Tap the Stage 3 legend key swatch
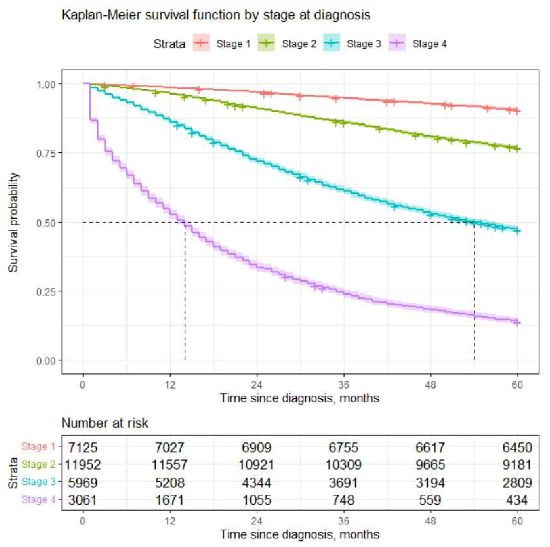point(332,43)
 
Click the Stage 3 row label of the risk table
point(38,482)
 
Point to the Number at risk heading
point(105,423)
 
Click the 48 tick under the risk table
point(430,521)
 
